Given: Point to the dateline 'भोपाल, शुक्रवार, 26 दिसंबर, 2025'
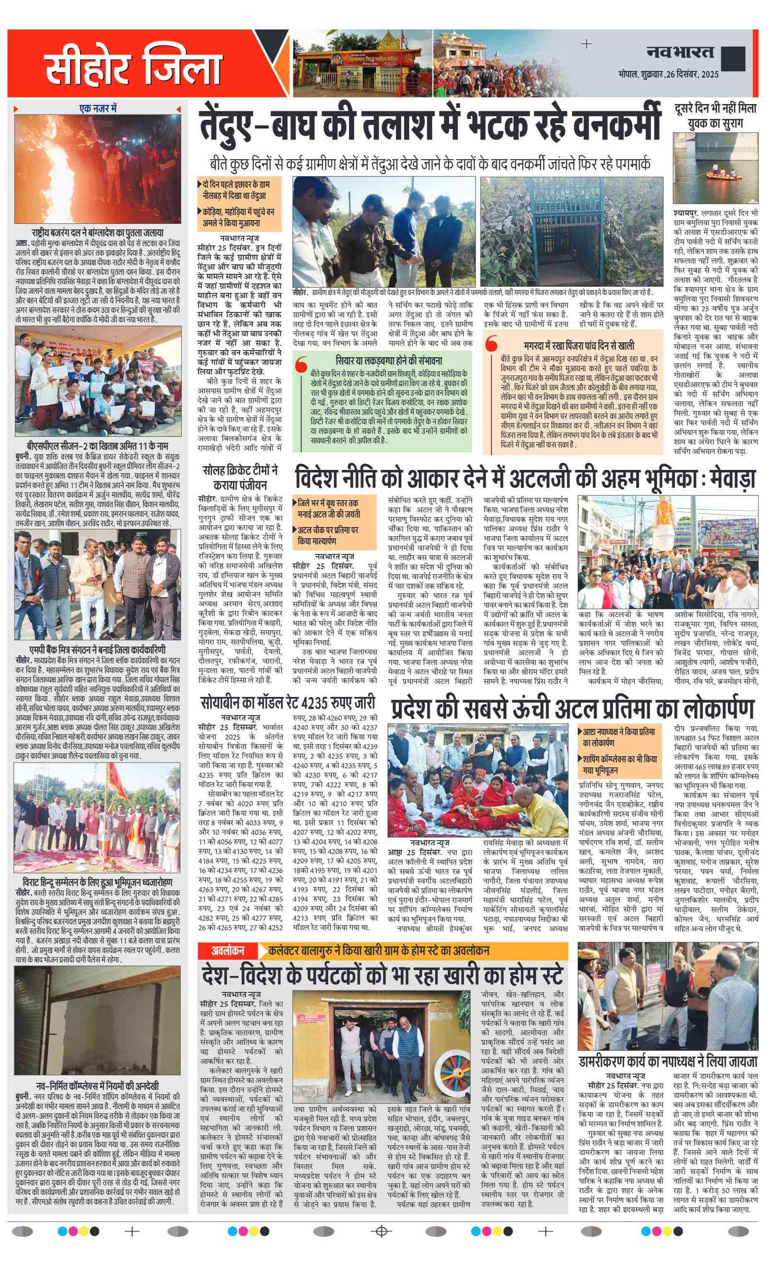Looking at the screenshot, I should click(668, 74).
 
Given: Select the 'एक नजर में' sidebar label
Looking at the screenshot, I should click(98, 108).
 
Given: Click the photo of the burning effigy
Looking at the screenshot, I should click(98, 169).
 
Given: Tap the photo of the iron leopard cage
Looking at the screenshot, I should click(571, 232).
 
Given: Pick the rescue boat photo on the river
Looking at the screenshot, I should click(715, 168).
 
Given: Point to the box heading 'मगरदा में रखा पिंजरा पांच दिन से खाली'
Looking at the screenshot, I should click(579, 345).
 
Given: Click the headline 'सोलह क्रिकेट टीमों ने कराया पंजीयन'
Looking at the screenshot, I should click(240, 477).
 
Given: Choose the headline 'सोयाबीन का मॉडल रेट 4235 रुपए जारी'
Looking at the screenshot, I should click(288, 703).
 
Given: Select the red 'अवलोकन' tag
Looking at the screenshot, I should click(227, 951).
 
